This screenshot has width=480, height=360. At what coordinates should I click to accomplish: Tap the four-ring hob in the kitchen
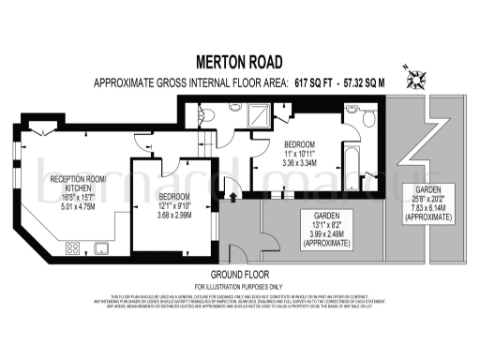tap(72, 249)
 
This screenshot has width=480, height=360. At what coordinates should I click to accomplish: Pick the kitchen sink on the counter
tap(101, 249)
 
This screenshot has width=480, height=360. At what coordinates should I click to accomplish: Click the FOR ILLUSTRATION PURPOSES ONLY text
tap(238, 285)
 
